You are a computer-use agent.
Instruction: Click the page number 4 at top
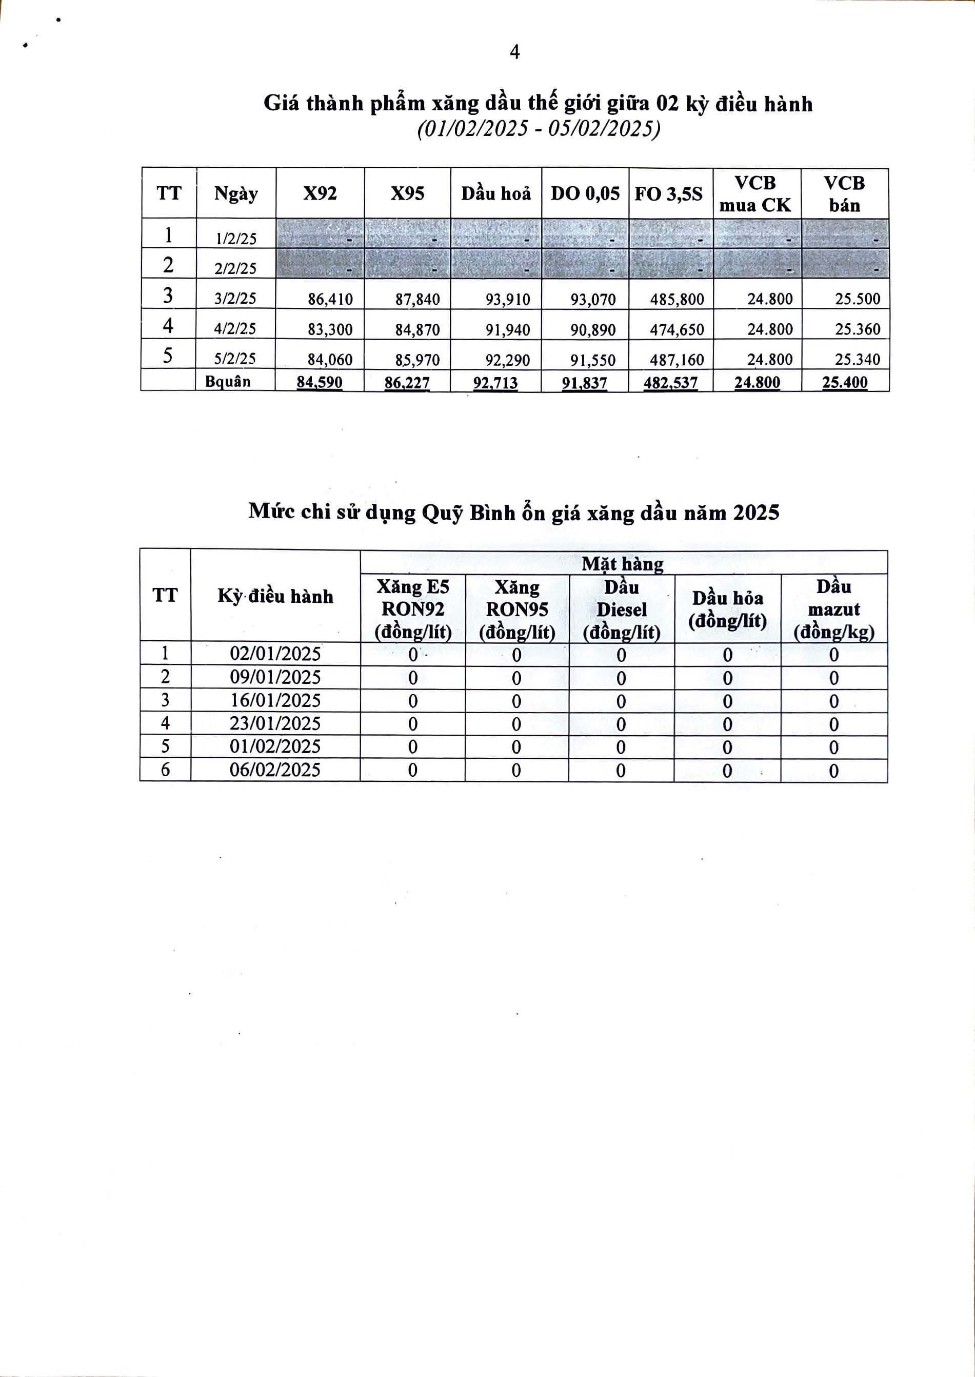514,53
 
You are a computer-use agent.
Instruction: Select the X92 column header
320,193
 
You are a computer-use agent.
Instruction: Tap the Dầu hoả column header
496,194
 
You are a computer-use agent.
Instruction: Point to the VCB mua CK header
755,194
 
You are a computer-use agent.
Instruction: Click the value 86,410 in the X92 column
330,299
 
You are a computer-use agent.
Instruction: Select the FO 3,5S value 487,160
676,360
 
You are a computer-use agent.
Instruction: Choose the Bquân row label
228,381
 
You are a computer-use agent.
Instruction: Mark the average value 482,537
671,383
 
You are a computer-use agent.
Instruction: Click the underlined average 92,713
495,383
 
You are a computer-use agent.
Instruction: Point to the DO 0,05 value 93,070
593,299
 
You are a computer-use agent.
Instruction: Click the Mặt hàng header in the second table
623,563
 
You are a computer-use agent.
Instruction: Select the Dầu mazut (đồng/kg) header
834,609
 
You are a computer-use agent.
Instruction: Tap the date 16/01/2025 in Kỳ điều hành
275,700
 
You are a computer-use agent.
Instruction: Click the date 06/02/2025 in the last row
275,770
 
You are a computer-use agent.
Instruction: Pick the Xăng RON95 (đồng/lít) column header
517,609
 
